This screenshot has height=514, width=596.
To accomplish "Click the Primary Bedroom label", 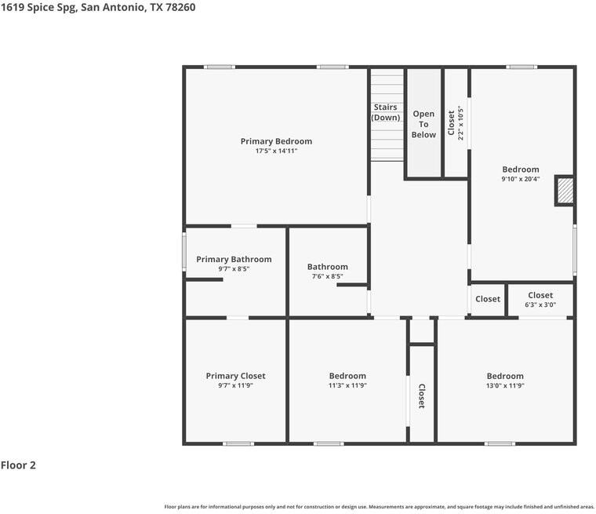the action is (276, 141).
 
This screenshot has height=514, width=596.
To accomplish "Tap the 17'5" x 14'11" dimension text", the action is (276, 151).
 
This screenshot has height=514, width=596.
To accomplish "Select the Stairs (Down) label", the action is (385, 112).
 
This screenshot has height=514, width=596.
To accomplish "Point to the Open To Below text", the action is (423, 124).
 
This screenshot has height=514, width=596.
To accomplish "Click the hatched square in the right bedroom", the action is (565, 191).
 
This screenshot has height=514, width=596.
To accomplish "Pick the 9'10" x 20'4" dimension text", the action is (521, 179).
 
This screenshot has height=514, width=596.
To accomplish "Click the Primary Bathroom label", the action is (234, 259).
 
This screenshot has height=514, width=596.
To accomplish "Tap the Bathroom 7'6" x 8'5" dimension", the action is (327, 276).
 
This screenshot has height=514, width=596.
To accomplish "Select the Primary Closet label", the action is (236, 376).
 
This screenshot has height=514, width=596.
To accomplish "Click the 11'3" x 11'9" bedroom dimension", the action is (347, 385).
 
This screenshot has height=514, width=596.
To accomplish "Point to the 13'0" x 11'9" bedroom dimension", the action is (505, 385).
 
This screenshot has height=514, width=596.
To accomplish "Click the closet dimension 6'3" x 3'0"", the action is (540, 304).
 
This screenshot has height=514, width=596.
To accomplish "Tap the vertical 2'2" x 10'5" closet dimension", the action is (460, 123).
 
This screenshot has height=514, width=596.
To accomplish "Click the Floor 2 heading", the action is (18, 465).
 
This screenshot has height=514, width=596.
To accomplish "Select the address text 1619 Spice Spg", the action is (38, 8).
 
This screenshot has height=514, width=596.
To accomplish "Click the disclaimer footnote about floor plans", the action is (379, 507).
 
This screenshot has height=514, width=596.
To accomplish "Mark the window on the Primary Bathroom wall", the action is (184, 252).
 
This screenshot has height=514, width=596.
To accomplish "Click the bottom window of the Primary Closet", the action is (238, 443).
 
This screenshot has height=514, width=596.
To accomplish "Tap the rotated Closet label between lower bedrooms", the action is (422, 396).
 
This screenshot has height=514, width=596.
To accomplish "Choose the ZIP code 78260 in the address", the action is (180, 7).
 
